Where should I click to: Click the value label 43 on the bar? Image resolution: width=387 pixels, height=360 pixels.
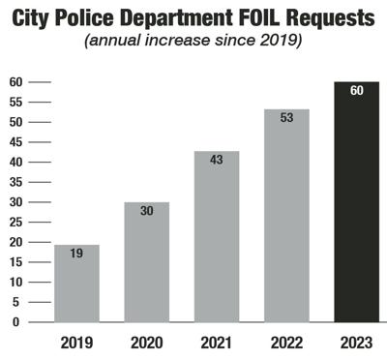click(x=217, y=161)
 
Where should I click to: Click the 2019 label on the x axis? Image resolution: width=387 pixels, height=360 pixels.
click(x=76, y=342)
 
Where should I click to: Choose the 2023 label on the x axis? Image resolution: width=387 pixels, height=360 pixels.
click(x=356, y=342)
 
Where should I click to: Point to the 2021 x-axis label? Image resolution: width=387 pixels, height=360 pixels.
click(x=217, y=342)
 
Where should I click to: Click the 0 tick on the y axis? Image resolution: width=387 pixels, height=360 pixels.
click(x=15, y=322)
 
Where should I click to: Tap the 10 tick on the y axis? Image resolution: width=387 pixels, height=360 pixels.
click(x=15, y=282)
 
